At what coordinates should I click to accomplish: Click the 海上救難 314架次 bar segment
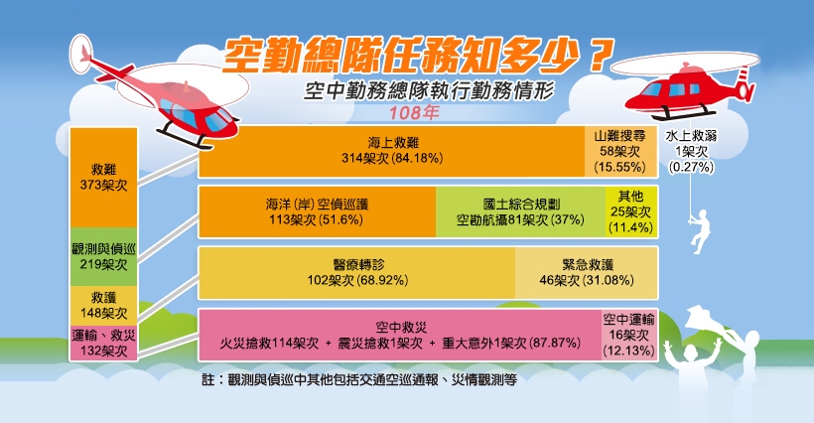392,152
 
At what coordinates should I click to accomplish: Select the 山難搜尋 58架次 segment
621,152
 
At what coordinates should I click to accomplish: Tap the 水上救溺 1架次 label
691,152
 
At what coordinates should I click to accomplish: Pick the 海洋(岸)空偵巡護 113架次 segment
318,211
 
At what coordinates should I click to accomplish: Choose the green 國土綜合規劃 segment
521,211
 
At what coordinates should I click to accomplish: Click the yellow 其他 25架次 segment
631,211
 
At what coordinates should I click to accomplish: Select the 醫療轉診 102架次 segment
357,273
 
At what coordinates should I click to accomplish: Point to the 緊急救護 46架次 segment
587,273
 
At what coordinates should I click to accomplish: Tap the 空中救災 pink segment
400,335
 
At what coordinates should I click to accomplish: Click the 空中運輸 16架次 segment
629,335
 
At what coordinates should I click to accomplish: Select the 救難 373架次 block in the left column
104,178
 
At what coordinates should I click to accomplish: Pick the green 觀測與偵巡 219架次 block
104,257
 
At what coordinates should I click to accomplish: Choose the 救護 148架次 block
104,306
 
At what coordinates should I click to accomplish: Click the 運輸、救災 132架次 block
104,343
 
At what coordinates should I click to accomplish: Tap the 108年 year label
414,112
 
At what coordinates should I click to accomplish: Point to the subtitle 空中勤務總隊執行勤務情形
429,90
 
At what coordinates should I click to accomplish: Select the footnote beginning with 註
359,379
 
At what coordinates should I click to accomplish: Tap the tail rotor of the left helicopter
81,54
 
